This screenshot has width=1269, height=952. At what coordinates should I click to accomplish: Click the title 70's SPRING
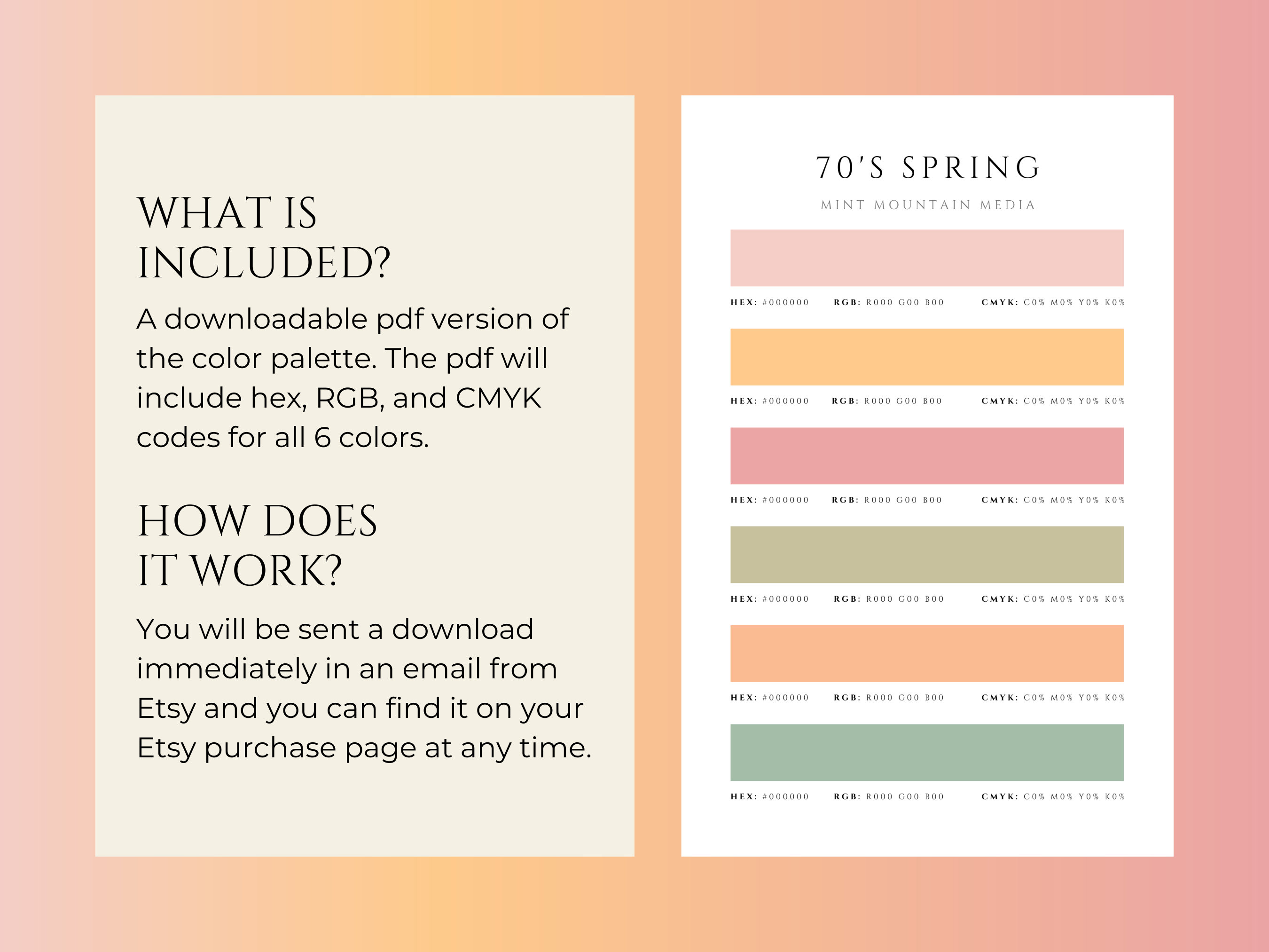pyautogui.click(x=927, y=167)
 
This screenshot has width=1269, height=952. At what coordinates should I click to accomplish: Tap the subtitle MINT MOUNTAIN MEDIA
pyautogui.click(x=928, y=205)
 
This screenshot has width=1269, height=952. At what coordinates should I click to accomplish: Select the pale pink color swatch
pyautogui.click(x=926, y=258)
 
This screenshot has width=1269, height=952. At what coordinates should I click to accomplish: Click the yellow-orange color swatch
pyautogui.click(x=926, y=357)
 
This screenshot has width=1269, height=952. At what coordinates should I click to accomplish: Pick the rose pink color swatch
pyautogui.click(x=926, y=456)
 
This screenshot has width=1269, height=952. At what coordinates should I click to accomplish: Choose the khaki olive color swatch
pyautogui.click(x=926, y=554)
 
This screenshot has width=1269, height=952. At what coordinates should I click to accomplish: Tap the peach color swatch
pyautogui.click(x=926, y=653)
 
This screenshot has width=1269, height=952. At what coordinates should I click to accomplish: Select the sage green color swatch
pyautogui.click(x=926, y=752)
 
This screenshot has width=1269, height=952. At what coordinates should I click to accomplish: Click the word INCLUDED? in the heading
pyautogui.click(x=264, y=263)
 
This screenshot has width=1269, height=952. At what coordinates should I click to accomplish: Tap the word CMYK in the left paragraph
pyautogui.click(x=498, y=398)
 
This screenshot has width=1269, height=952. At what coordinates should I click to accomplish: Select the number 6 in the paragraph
pyautogui.click(x=322, y=438)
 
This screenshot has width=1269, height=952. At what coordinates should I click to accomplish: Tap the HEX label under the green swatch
pyautogui.click(x=744, y=796)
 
